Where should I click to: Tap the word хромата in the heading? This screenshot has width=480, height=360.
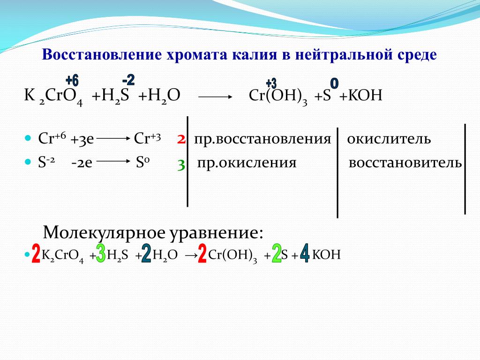197,55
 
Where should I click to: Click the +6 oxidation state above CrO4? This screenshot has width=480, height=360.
72,81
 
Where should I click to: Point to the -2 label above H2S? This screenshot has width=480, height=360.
128,80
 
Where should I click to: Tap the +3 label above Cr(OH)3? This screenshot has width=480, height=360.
271,83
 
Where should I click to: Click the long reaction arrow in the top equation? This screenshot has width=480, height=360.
215,97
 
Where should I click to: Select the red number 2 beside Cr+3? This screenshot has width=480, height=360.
181,139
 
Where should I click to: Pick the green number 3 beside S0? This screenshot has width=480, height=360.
181,165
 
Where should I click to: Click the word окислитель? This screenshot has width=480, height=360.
389,139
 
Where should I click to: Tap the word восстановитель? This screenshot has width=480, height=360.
405,163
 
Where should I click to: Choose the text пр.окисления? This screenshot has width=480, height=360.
247,163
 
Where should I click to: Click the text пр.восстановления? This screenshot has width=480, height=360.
262,139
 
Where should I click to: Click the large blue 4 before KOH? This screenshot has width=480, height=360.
305,253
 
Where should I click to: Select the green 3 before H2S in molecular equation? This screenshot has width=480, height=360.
101,253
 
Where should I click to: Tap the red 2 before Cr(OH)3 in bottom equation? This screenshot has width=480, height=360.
202,253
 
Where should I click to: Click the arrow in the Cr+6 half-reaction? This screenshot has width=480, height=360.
113,138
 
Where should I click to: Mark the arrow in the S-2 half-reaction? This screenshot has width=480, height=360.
113,161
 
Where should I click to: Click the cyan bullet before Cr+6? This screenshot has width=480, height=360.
28,138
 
